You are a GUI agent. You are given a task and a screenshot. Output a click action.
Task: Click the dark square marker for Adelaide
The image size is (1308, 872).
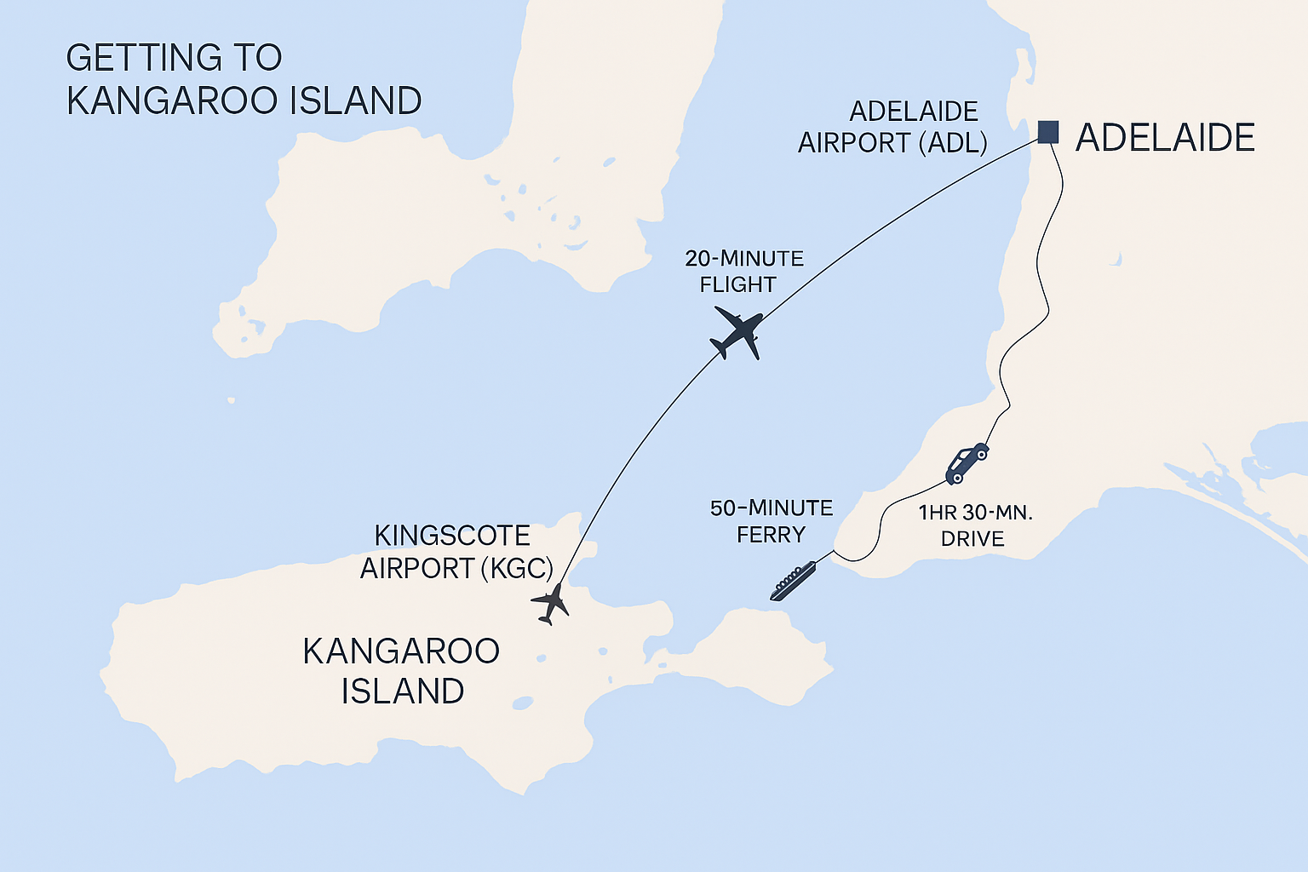pos(1048,132)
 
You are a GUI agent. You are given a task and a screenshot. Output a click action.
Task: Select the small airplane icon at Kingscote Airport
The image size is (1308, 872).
pos(551,603)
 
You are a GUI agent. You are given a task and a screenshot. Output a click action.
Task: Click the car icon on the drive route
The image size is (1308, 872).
pos(967,462)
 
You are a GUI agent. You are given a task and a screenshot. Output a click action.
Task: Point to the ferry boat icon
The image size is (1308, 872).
pos(793,582)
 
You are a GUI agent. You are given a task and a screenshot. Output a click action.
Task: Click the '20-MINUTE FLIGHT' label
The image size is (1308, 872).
pos(743,271)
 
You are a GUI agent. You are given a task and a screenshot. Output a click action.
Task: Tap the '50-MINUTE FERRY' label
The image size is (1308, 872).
pos(771,521)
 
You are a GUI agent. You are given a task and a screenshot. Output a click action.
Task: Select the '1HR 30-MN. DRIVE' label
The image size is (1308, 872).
pos(974,525)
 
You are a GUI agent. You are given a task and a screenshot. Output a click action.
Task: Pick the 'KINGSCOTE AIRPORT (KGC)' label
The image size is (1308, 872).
pos(456,552)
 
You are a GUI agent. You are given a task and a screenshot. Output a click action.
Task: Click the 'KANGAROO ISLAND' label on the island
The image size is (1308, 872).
pos(401,671)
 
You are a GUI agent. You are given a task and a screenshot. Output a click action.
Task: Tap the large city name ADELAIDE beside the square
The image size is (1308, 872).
pos(1165,138)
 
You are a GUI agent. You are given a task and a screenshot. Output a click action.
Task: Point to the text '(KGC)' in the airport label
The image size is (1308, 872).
pos(517,568)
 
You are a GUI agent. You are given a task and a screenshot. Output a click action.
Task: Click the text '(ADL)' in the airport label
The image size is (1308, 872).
pos(953,143)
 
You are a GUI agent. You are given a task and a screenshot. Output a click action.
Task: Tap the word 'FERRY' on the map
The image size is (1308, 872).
pos(771,535)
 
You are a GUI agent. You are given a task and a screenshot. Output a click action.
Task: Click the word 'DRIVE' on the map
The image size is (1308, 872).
pos(972,539)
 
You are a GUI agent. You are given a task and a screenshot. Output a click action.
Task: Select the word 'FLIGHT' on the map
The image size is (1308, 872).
pos(737,284)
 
